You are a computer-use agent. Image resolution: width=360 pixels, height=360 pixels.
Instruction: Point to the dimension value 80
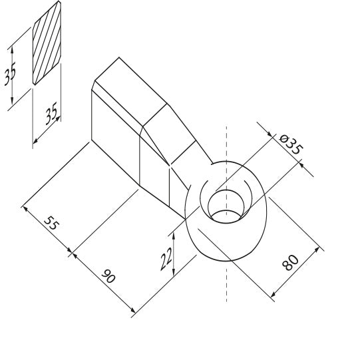pos(291,262)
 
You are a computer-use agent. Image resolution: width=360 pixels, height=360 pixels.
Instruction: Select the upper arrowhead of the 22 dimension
pos(174,235)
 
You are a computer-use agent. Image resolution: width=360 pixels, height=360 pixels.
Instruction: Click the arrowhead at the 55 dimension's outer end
pos(25,208)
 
